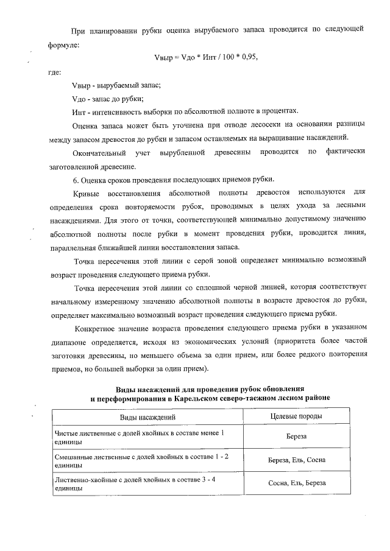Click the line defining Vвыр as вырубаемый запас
click(116, 86)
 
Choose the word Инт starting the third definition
click(79, 111)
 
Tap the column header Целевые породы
click(296, 416)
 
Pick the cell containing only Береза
click(296, 437)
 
